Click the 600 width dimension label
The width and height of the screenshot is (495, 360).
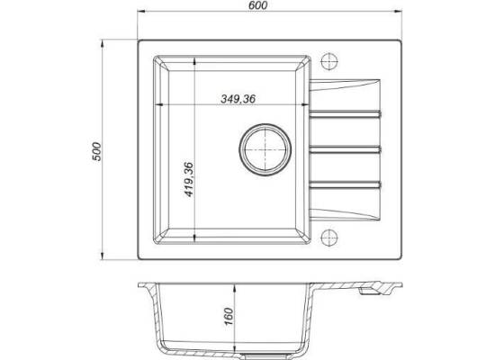pos(258,5)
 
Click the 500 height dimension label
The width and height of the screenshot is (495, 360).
pos(96,151)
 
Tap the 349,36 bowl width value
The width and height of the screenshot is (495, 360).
pos(238,99)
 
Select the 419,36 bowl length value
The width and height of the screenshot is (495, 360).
pos(188,179)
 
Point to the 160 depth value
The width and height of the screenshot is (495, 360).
pos(229,317)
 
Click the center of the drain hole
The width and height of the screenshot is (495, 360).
pos(265,149)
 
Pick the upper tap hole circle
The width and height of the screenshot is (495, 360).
pos(329,61)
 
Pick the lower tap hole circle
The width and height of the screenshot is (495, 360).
pos(329,238)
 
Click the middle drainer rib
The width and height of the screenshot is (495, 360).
pos(345,149)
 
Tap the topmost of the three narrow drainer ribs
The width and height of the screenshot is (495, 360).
pos(345,114)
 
